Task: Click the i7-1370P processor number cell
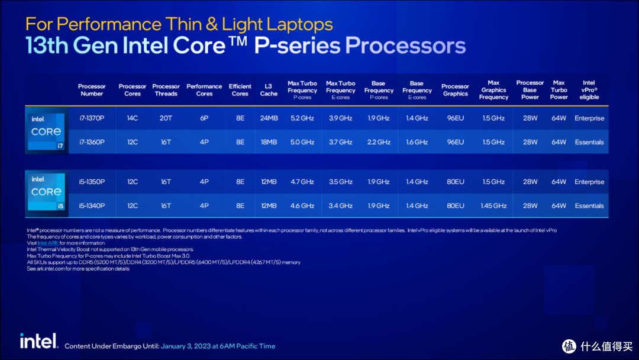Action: [92, 118]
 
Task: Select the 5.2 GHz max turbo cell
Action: [302, 118]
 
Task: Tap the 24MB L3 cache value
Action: [269, 118]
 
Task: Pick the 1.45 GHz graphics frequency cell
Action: [493, 206]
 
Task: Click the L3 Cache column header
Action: [269, 90]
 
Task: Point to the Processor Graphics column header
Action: [455, 90]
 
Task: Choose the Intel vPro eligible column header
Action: [589, 90]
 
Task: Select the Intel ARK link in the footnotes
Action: [47, 243]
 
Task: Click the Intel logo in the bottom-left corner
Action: [38, 340]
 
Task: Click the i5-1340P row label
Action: [92, 206]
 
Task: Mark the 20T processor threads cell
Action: [166, 118]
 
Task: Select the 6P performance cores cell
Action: [204, 118]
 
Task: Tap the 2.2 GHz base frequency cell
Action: [379, 142]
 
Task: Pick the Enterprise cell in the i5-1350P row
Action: [589, 182]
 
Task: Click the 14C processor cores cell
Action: [133, 118]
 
